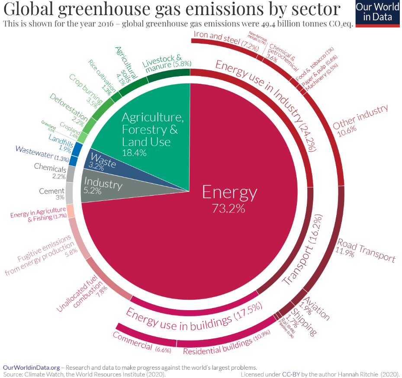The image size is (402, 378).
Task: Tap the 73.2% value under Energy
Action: pos(228,208)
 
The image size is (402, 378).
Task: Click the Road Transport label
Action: pos(366,250)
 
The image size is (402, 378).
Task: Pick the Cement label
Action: pos(51,191)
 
